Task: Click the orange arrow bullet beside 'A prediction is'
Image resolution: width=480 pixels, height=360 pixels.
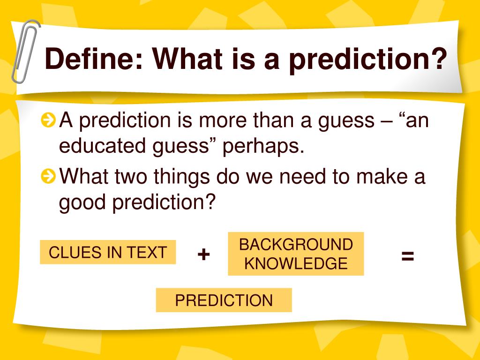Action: [47, 121]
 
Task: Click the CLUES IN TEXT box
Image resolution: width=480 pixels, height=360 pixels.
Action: [108, 252]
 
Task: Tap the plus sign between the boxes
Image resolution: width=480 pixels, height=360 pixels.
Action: [203, 255]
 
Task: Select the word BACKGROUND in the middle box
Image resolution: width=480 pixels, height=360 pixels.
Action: [296, 245]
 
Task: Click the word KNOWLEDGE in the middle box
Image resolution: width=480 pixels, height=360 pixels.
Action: [296, 263]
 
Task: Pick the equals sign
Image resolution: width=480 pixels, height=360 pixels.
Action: [407, 256]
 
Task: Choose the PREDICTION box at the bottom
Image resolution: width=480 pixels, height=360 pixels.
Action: [224, 300]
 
